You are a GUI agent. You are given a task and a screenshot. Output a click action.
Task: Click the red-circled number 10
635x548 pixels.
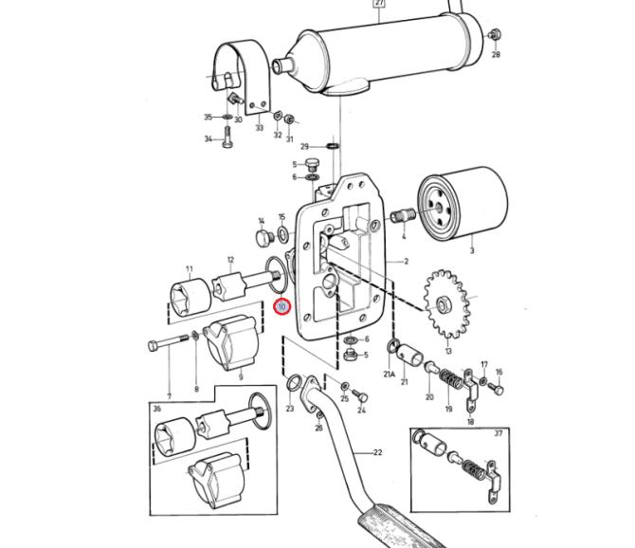281,306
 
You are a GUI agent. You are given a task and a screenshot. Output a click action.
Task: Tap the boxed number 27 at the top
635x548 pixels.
379,3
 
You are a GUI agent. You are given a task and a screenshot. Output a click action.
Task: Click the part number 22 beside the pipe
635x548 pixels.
377,452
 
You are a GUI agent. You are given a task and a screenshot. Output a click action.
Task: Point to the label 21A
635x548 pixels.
389,374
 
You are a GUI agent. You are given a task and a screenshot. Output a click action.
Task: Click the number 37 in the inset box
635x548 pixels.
499,433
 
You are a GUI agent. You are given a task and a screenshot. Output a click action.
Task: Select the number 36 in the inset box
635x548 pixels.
157,409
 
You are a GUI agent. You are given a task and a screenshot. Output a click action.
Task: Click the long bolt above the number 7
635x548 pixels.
169,342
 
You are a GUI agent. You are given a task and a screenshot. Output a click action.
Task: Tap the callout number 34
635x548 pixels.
209,139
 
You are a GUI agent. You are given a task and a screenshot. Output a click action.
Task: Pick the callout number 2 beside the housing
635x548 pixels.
407,262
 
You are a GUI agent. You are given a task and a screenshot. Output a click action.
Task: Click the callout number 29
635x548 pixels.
304,147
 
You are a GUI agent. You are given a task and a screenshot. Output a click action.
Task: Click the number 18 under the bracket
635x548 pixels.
470,422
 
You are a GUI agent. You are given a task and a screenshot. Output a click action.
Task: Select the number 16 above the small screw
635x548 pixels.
499,372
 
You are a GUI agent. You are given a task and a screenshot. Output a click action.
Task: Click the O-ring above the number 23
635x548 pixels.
293,383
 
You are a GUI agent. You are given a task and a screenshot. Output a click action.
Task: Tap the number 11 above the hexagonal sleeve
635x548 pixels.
190,268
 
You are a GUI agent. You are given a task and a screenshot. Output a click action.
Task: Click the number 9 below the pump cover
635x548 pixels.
241,377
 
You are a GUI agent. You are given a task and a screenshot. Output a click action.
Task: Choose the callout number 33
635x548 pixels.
259,128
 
